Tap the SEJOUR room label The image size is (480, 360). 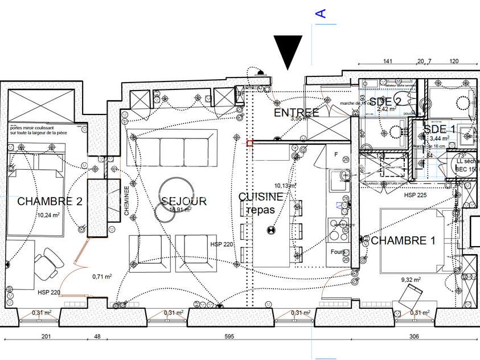184,201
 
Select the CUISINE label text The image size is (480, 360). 260,197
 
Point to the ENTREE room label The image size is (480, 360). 297,113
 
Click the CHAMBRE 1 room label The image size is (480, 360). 403,240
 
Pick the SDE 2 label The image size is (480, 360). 385,101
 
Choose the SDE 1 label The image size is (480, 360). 439,129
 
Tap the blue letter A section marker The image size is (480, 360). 321,13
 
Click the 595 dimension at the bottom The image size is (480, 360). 229,337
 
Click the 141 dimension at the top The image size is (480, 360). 388,61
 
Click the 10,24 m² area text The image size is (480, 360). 49,215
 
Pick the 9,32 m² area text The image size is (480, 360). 410,280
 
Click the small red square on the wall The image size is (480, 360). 249,144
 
